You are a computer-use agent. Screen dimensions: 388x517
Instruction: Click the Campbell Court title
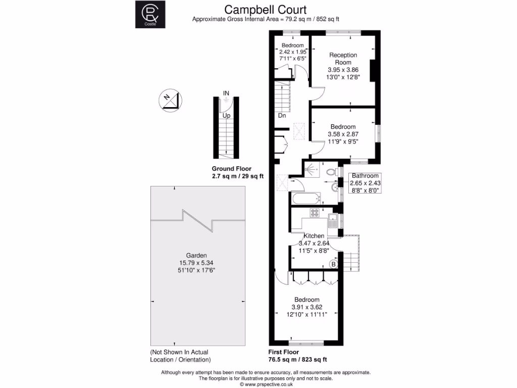click(x=265, y=10)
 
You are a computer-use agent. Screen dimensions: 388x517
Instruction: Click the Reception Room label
click(x=343, y=59)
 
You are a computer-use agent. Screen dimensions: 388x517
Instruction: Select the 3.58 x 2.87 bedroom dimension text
click(x=343, y=135)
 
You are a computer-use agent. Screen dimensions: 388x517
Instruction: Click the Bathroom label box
click(x=365, y=183)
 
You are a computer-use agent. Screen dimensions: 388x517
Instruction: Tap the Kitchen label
click(x=314, y=236)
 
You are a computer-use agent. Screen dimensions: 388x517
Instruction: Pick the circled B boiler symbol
click(x=333, y=264)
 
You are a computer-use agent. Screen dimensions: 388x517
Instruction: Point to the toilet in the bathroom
click(x=331, y=172)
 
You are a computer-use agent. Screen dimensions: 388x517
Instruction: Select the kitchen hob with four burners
click(x=316, y=213)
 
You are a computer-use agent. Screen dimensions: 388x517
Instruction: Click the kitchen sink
click(x=333, y=221)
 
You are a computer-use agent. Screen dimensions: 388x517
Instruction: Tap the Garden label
click(x=196, y=255)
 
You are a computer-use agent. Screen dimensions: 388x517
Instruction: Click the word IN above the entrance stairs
click(x=227, y=93)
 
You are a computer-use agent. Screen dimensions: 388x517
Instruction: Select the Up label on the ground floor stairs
click(x=227, y=115)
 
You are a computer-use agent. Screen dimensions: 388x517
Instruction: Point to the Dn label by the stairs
click(x=282, y=115)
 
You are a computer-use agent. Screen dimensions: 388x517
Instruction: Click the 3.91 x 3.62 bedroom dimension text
click(x=307, y=307)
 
